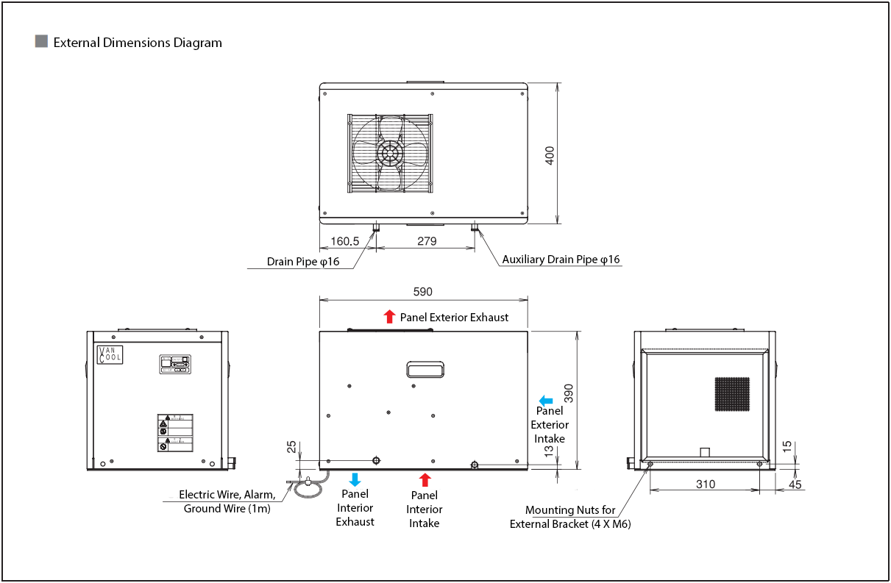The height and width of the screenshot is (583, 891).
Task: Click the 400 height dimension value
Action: [550, 155]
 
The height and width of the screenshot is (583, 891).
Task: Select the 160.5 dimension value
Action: [344, 241]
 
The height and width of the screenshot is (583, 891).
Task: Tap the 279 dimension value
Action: [427, 241]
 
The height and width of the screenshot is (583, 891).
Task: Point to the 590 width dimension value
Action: [423, 292]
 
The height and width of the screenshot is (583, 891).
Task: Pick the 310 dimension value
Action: [705, 484]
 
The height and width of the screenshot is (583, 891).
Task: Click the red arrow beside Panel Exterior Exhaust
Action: [389, 317]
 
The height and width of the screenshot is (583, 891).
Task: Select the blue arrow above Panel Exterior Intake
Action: [546, 400]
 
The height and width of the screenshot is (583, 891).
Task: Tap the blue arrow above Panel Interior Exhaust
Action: [355, 480]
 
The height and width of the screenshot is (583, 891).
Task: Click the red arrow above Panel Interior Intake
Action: [425, 480]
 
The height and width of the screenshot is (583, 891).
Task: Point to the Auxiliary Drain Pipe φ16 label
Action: [561, 260]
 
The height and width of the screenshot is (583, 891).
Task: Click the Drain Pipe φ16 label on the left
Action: [303, 262]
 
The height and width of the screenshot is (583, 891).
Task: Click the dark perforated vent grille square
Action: [732, 394]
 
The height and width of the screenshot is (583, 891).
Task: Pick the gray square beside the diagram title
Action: [42, 42]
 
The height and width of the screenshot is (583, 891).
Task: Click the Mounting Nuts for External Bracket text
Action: [570, 517]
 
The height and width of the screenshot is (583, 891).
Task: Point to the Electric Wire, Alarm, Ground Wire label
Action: [227, 501]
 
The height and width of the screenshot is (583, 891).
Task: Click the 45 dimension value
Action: [795, 484]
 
